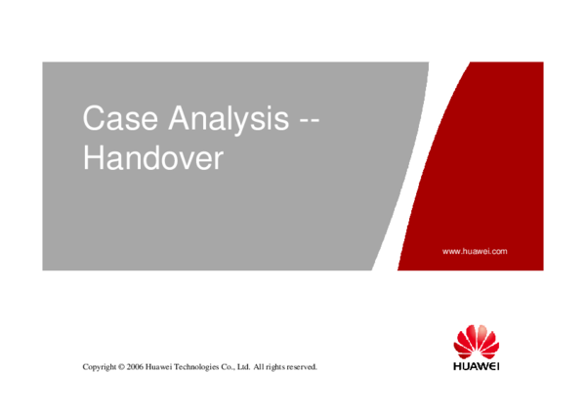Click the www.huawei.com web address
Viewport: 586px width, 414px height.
point(475,251)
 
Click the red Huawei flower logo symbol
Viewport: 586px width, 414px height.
point(476,341)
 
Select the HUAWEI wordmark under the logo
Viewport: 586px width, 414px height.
point(476,367)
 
